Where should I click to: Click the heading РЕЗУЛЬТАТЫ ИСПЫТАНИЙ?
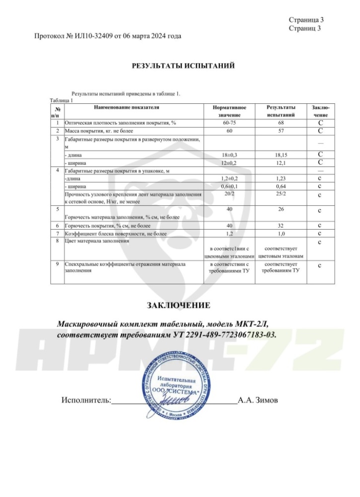[183, 66]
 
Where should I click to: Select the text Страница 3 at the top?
[306, 20]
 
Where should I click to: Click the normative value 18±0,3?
[229, 155]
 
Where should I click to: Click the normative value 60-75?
[229, 122]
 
